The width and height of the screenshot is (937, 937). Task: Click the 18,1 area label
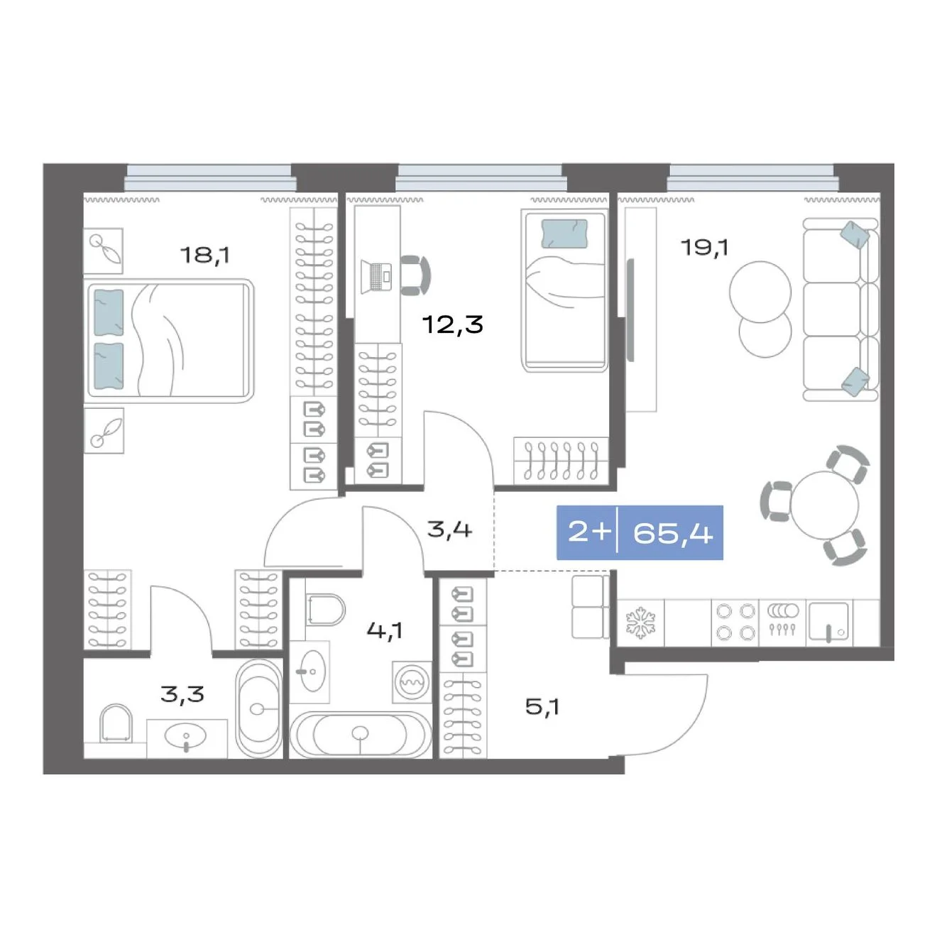(204, 255)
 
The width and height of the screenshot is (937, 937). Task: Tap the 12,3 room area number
(453, 324)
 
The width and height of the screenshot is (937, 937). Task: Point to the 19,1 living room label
(705, 248)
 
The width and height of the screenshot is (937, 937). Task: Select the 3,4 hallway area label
(449, 529)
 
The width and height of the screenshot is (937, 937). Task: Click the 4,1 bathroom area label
(385, 630)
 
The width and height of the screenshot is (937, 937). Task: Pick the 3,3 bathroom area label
(182, 694)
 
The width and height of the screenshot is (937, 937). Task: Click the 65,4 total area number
(673, 533)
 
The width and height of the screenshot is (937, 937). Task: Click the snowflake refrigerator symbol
(640, 623)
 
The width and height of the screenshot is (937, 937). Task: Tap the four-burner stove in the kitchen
(735, 623)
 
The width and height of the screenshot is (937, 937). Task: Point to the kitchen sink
(829, 623)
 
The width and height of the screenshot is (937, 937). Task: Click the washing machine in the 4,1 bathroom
(412, 682)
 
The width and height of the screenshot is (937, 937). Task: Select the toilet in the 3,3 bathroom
(116, 723)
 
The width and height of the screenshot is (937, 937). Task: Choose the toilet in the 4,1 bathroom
(326, 609)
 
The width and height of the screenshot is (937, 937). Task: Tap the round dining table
(824, 505)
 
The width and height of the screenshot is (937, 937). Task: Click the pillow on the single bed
(564, 234)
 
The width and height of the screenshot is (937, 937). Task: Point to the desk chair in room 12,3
(416, 275)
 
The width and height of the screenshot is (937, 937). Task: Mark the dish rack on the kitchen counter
(782, 618)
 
